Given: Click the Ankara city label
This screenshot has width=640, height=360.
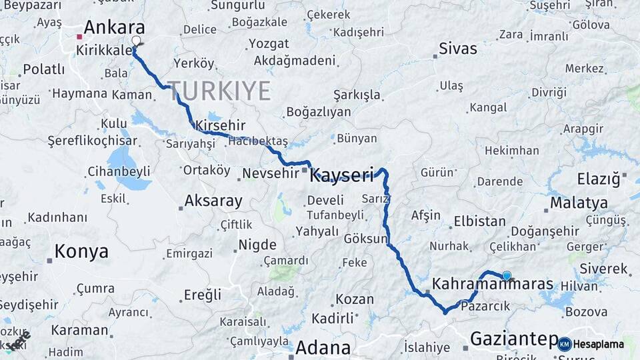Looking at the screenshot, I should coord(114,27).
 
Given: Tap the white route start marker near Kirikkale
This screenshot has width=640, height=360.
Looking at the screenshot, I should coord(137,41).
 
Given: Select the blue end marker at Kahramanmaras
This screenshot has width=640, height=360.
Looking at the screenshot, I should coord(507,275).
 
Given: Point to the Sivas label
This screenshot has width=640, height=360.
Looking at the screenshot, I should coord(458,48).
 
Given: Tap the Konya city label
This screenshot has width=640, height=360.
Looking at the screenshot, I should coord(81,251).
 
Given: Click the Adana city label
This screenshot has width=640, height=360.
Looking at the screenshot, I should coord(323,347).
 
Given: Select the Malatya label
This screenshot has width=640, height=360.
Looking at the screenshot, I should coord(579,203).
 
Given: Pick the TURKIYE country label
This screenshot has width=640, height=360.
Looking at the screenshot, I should coord(219,90).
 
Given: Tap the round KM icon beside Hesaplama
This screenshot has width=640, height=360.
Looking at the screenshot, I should coord(565,344).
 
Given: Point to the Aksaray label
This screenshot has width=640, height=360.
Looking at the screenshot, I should coord(213,200).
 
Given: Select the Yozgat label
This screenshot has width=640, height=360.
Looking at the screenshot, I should coord(268,44).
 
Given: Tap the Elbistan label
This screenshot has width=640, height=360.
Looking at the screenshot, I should coord(479,221).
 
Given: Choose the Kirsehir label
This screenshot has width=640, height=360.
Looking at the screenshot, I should coord(221,125).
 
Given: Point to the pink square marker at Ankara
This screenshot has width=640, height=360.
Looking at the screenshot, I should coord(79,37).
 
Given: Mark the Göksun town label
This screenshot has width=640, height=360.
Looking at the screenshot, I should coord(366,238).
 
